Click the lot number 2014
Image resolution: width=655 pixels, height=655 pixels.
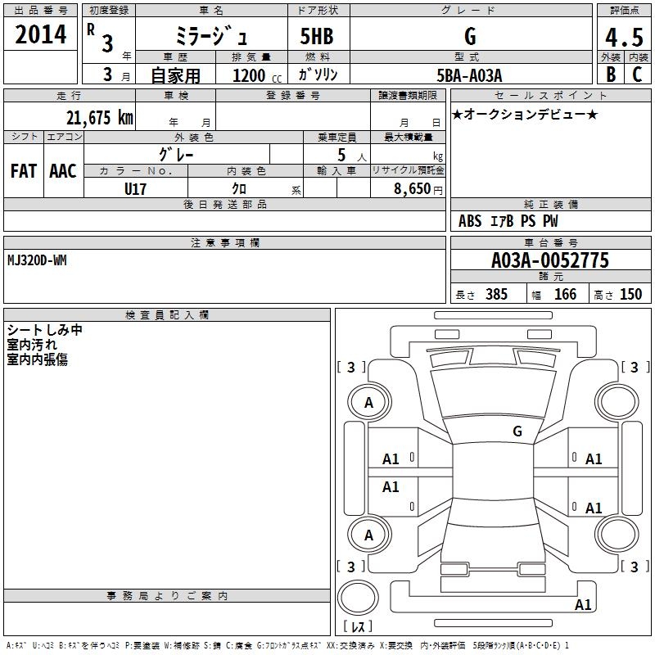[40, 34]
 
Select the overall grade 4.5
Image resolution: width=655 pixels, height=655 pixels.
[624, 38]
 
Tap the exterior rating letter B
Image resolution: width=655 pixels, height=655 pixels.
[611, 75]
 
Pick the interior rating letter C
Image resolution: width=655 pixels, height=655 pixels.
[637, 75]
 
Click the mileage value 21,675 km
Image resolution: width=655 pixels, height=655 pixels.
[100, 118]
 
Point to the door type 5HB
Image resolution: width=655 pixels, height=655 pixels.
[317, 36]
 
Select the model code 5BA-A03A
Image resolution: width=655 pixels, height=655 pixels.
[469, 75]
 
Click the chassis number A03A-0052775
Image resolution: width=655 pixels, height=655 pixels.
[550, 260]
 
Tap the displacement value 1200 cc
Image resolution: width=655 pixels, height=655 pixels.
[257, 75]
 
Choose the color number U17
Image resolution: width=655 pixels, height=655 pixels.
[135, 189]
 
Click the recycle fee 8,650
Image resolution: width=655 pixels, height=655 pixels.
[413, 189]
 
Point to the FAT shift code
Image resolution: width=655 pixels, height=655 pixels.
[24, 171]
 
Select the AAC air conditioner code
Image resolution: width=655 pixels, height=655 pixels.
[63, 171]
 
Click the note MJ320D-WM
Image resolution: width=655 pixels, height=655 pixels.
[37, 260]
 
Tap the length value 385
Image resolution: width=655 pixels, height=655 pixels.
[496, 294]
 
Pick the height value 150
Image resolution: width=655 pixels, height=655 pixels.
[630, 294]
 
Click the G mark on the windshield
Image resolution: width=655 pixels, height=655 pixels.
[517, 431]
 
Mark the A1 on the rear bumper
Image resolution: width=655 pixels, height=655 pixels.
[583, 604]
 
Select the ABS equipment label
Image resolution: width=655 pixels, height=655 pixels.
[470, 221]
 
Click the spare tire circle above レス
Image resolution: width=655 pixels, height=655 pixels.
[358, 597]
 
